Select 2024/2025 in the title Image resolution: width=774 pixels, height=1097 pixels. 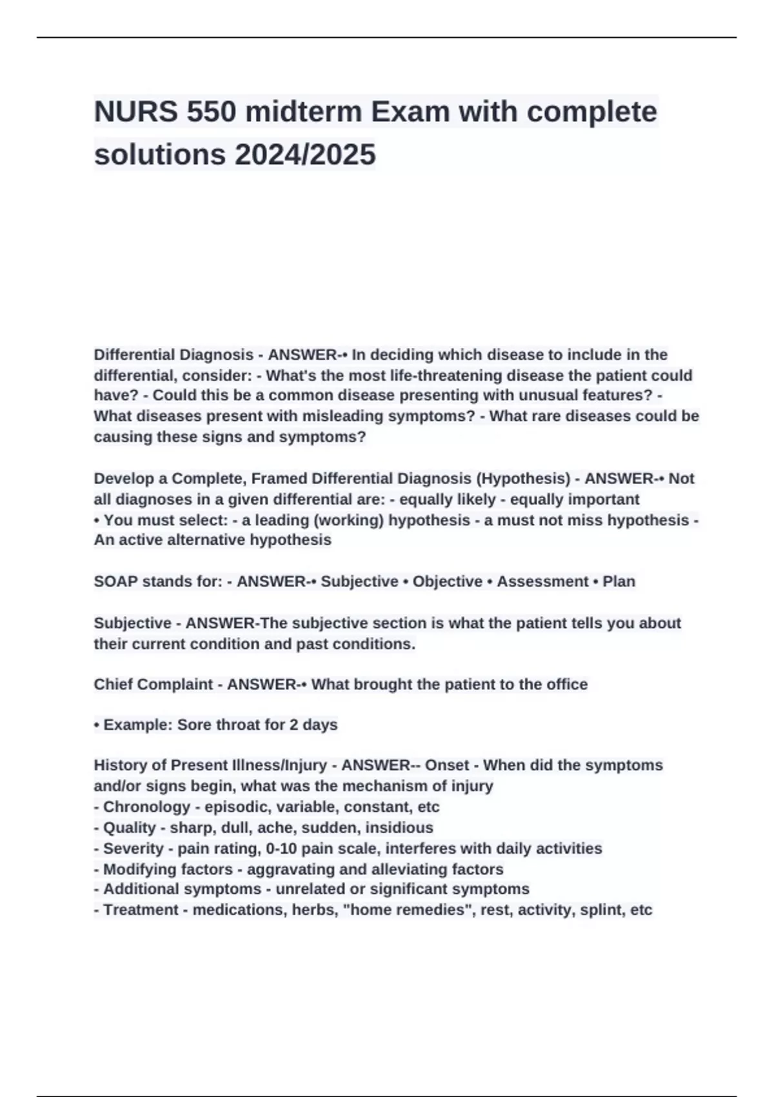click(x=305, y=155)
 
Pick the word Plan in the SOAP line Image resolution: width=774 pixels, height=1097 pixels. click(x=619, y=581)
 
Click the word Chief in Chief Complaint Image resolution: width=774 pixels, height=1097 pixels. click(x=110, y=685)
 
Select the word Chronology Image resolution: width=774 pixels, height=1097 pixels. click(x=146, y=807)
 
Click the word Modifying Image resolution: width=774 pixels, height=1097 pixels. click(x=135, y=869)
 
